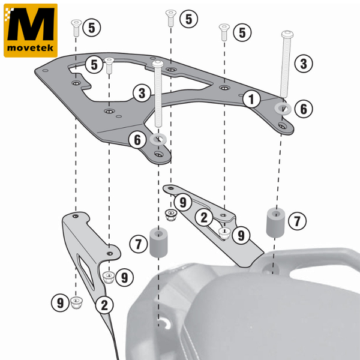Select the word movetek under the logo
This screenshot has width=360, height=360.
[x=31, y=47]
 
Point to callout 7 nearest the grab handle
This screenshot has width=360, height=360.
[x=296, y=221]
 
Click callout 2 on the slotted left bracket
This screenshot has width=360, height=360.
[x=104, y=305]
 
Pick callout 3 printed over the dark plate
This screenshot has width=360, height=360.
[x=142, y=94]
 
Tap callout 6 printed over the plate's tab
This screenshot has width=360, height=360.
[x=137, y=140]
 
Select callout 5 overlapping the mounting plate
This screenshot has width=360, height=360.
[x=93, y=64]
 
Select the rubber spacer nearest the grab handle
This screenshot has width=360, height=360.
[x=275, y=221]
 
